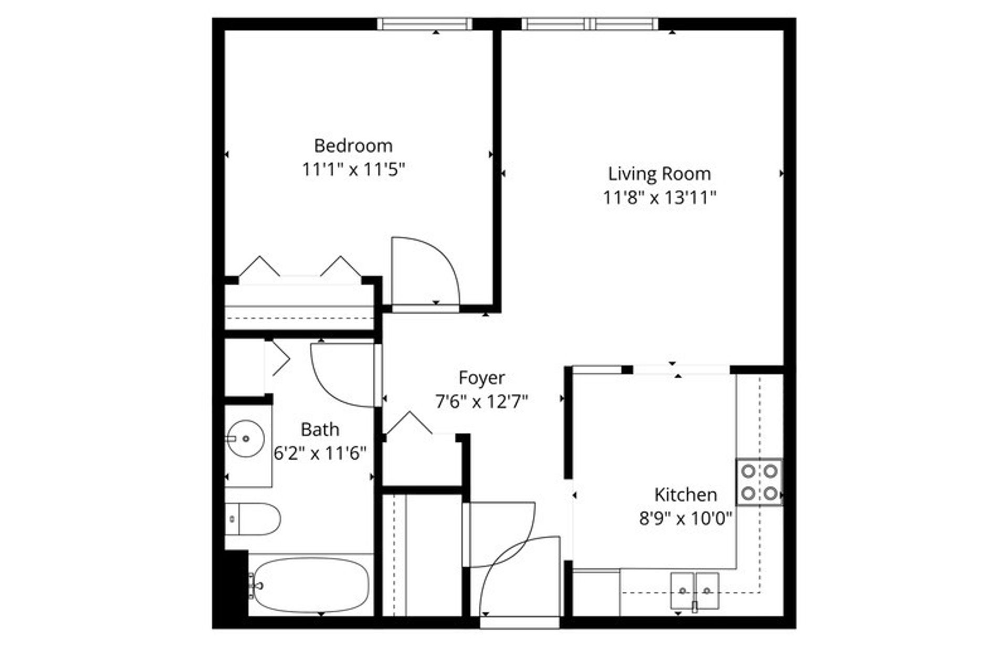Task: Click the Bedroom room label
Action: [353, 145]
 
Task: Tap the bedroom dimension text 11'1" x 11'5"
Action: [353, 169]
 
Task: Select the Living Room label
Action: [659, 174]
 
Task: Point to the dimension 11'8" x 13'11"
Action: [659, 198]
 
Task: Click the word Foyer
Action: [481, 378]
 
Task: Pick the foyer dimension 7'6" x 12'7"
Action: [481, 402]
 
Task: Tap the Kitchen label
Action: [685, 495]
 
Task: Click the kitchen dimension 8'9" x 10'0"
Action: [685, 519]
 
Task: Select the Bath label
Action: [320, 430]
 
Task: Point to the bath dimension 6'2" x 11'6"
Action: [320, 453]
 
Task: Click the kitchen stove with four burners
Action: [759, 482]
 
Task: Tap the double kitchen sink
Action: [695, 591]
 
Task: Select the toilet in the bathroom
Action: [253, 519]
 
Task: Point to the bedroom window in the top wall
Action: [425, 24]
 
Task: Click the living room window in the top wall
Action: [590, 24]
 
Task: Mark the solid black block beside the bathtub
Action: [236, 583]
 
